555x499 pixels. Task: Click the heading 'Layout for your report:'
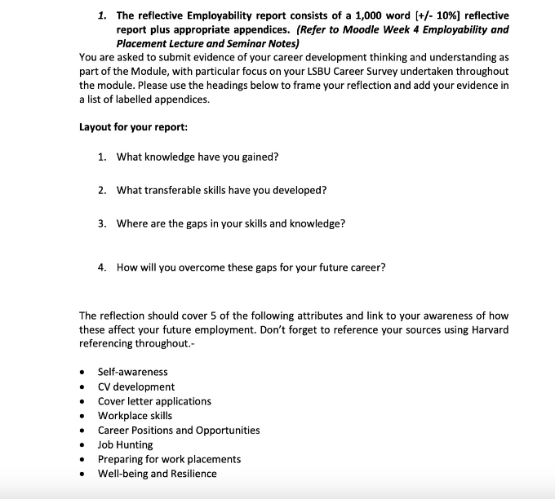coord(134,127)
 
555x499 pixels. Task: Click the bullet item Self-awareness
coord(132,372)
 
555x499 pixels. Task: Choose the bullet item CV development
coord(135,386)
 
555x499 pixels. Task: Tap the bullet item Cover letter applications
coord(154,401)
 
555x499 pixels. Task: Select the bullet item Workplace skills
coord(135,416)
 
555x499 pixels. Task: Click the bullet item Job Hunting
coord(125,444)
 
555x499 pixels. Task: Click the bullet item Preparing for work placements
coord(169,459)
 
